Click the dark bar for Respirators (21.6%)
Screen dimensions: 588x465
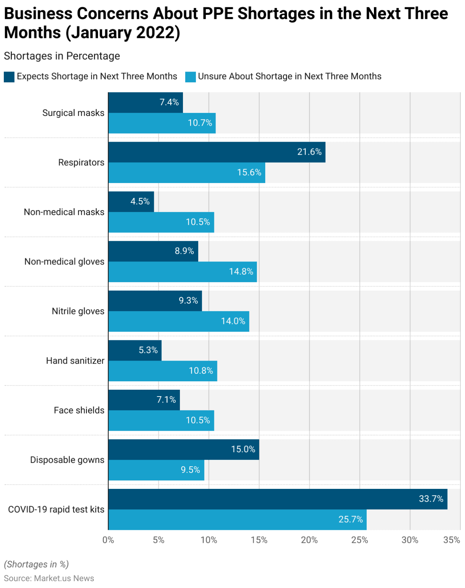click(x=217, y=152)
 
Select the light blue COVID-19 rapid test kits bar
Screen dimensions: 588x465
click(x=237, y=519)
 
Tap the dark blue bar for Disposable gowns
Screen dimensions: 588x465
click(x=184, y=449)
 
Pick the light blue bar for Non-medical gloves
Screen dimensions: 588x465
click(x=183, y=272)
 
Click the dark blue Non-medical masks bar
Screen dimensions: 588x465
click(x=131, y=202)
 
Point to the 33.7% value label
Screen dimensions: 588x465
click(x=431, y=499)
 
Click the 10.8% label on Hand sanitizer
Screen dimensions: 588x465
click(x=201, y=371)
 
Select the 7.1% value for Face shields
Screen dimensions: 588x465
click(x=166, y=400)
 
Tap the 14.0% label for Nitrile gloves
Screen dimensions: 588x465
click(x=233, y=321)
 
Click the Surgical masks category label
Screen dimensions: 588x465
click(x=73, y=113)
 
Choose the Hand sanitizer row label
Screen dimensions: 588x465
click(x=75, y=361)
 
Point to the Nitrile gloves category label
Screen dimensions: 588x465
click(x=78, y=311)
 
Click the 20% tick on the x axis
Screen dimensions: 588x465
click(x=309, y=540)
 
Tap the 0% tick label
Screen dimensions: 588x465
click(x=108, y=540)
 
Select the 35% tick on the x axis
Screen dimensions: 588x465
click(x=452, y=540)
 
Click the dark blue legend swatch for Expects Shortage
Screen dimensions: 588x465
click(x=9, y=77)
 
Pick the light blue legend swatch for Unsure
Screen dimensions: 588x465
click(x=190, y=77)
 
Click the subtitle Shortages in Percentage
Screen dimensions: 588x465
click(x=62, y=56)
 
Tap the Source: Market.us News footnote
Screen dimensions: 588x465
click(x=49, y=578)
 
